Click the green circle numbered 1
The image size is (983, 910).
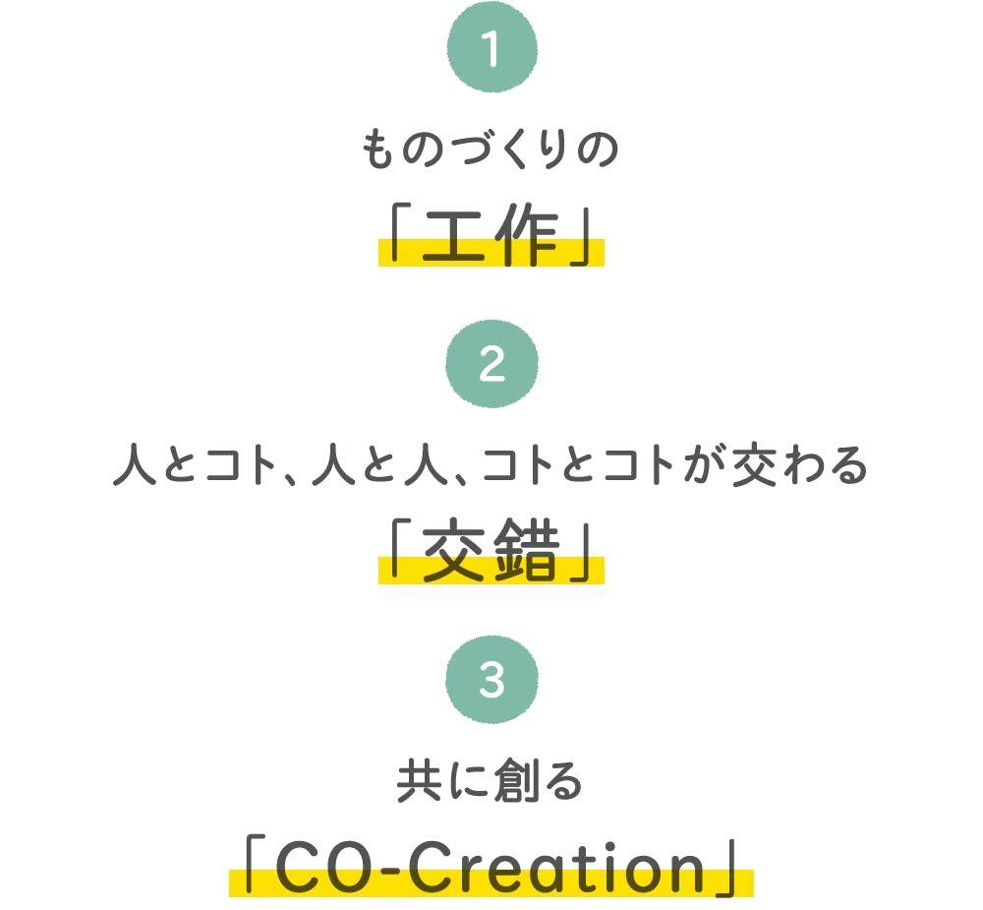(x=492, y=47)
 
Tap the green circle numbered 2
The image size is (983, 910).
(x=492, y=363)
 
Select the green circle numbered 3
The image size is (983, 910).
(x=492, y=679)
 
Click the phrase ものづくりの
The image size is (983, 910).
(x=491, y=150)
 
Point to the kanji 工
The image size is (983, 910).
(x=454, y=235)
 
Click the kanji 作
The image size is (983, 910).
(x=527, y=234)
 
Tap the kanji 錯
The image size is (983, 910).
(x=527, y=550)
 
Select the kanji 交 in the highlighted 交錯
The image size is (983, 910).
(x=454, y=550)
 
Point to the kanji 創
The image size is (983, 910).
(x=517, y=781)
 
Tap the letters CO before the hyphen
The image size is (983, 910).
(x=324, y=868)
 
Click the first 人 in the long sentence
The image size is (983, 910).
(x=135, y=465)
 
